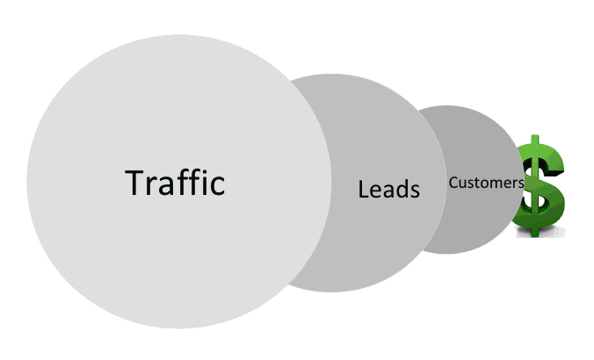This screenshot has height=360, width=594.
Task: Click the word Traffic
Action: click(x=175, y=183)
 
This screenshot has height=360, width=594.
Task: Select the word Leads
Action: click(x=389, y=190)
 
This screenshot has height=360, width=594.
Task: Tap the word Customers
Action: click(x=487, y=183)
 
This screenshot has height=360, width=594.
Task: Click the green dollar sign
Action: click(x=539, y=186)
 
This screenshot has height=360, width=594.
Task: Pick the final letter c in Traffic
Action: click(x=217, y=187)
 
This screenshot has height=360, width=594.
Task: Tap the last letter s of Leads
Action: click(x=416, y=192)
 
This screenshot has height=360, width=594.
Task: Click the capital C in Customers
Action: click(x=453, y=183)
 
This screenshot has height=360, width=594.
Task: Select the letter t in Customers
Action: click(x=477, y=184)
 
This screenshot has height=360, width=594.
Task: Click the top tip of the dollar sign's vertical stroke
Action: click(x=534, y=135)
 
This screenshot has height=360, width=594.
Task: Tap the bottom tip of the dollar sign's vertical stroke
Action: click(x=534, y=236)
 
